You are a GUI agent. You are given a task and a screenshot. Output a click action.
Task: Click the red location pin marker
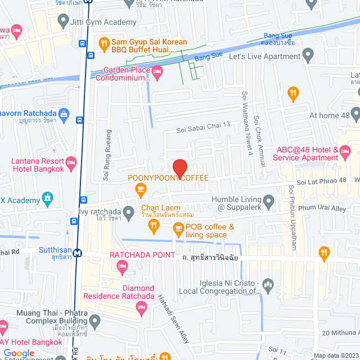pyautogui.click(x=179, y=168)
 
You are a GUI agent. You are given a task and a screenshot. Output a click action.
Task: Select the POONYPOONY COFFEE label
pyautogui.click(x=168, y=178)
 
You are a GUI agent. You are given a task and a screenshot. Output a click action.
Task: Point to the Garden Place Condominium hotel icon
pyautogui.click(x=157, y=70)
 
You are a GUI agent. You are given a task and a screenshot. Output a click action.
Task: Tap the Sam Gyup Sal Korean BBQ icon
pyautogui.click(x=103, y=42)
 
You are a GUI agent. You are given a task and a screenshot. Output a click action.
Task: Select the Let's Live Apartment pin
pyautogui.click(x=308, y=55)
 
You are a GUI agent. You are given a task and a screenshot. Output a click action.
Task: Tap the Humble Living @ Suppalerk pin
pyautogui.click(x=269, y=201)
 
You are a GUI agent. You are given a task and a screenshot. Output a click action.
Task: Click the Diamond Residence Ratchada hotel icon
pyautogui.click(x=141, y=307)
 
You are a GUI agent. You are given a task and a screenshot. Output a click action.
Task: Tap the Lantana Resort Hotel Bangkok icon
pyautogui.click(x=71, y=163)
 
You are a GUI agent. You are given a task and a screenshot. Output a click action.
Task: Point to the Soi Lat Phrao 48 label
pyautogui.click(x=323, y=182)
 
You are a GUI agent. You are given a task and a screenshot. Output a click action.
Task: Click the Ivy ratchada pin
pyautogui.click(x=129, y=212)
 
